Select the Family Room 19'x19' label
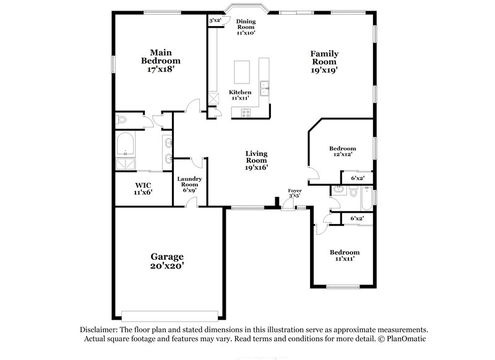(324, 62)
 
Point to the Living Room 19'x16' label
(256, 161)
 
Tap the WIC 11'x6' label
(144, 188)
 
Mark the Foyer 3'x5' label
(295, 193)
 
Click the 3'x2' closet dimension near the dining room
(215, 21)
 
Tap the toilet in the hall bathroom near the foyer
(353, 192)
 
